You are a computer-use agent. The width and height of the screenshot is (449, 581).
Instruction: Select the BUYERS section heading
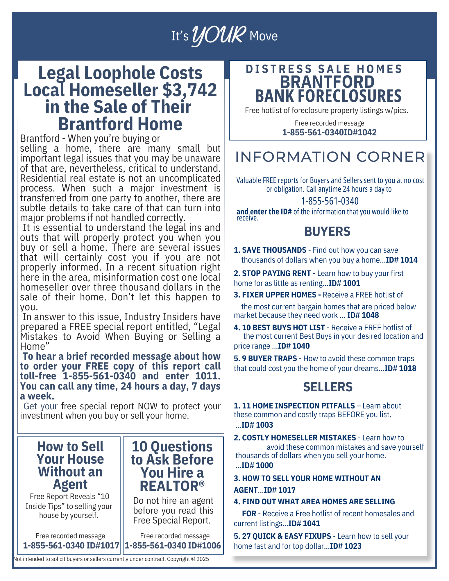pyautogui.click(x=327, y=232)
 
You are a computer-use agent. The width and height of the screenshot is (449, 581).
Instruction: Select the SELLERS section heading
pyautogui.click(x=328, y=387)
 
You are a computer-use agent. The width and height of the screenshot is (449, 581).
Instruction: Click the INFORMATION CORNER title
pyautogui.click(x=330, y=157)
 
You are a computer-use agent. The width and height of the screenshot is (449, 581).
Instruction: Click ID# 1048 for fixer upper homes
pyautogui.click(x=363, y=315)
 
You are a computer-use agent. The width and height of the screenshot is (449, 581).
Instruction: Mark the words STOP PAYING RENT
pyautogui.click(x=276, y=273)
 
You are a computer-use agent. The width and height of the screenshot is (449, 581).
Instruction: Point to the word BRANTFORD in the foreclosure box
pyautogui.click(x=327, y=82)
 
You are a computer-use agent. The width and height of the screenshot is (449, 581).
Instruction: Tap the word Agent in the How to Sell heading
pyautogui.click(x=70, y=484)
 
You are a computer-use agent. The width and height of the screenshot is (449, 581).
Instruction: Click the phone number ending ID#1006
pyautogui.click(x=173, y=545)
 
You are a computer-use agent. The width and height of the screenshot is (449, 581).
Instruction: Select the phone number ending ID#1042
pyautogui.click(x=329, y=132)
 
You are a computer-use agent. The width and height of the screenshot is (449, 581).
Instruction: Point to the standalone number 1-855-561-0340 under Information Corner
pyautogui.click(x=330, y=201)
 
